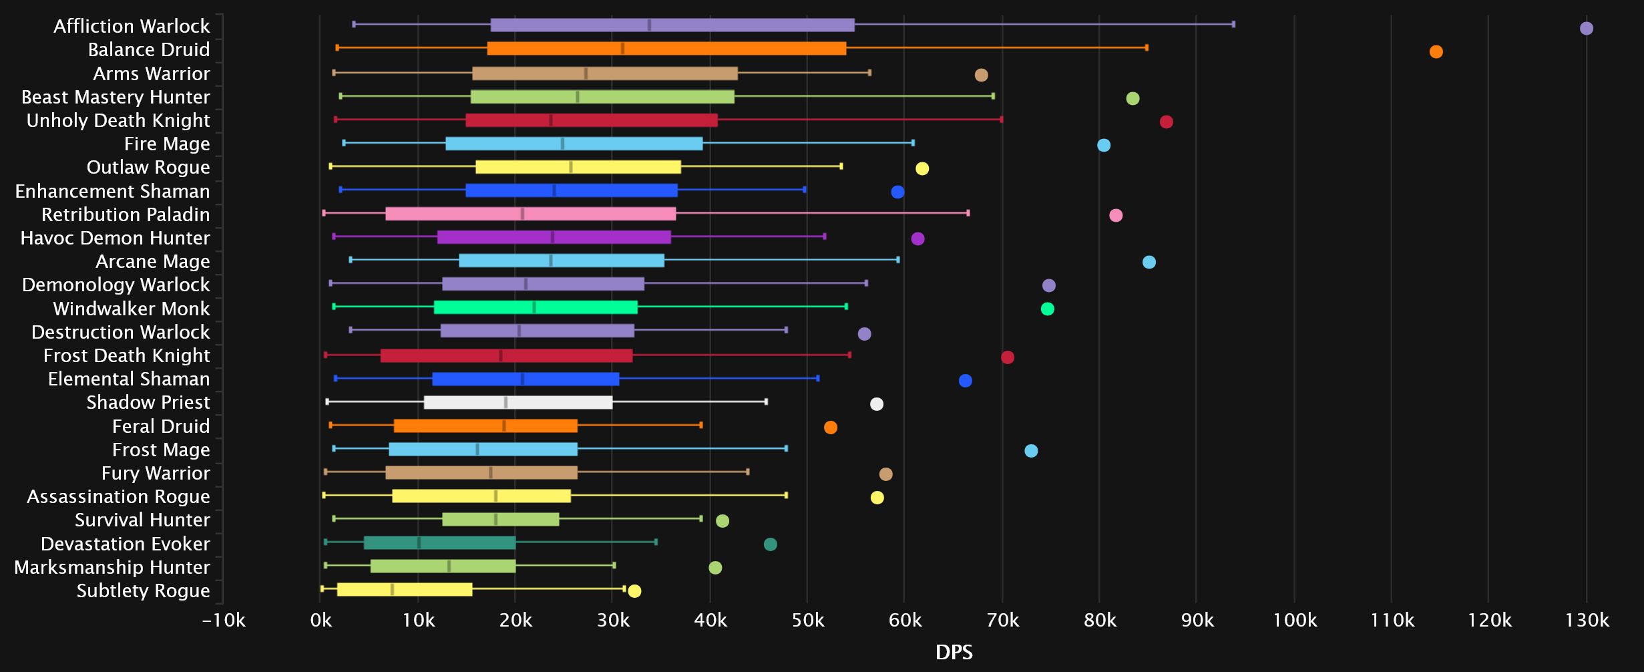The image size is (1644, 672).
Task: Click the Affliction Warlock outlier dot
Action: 1586,28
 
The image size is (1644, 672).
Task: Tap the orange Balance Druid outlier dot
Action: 1436,51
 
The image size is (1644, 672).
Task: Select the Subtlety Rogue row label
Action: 143,591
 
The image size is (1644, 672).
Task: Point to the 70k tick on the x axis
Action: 1002,621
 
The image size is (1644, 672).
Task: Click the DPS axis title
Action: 954,653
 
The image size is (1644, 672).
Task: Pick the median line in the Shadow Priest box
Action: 505,402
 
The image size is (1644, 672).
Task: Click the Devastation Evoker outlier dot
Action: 770,544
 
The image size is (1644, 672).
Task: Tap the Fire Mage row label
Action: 167,144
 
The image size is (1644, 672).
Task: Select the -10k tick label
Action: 224,621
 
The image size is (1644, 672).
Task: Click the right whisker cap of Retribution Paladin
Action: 968,213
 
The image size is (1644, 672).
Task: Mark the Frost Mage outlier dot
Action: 1031,451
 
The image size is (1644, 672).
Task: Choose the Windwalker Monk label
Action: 132,309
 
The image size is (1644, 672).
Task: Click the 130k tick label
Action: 1587,621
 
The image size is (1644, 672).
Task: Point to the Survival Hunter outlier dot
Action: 722,521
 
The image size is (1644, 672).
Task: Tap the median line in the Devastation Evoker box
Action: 419,542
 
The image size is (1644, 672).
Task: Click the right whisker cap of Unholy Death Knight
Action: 1001,120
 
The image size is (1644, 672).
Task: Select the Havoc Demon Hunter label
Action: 115,238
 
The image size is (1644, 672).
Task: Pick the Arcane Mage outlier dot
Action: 1149,262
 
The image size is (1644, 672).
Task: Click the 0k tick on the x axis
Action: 321,621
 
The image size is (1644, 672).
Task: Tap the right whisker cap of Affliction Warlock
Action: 1233,24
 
